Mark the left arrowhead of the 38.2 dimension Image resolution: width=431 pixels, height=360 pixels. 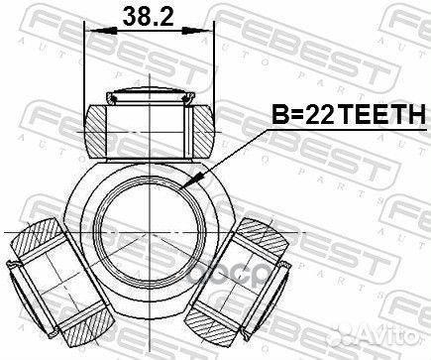(x=92, y=31)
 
